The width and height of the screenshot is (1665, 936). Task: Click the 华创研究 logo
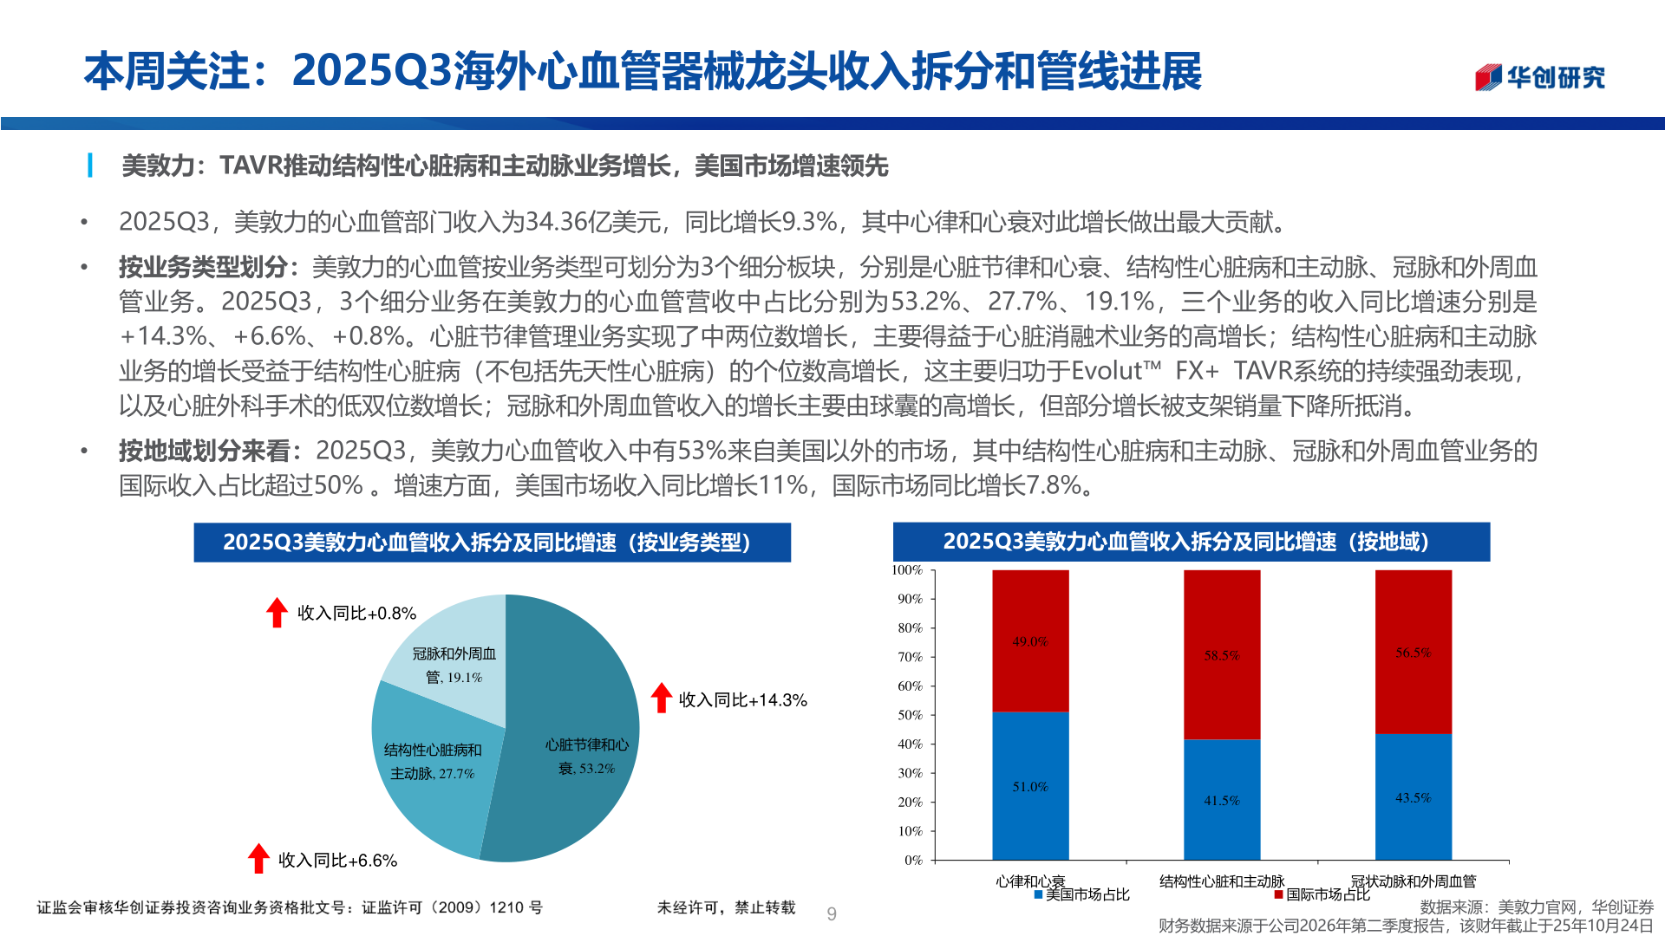tap(1539, 77)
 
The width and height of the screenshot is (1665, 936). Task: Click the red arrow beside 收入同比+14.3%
tap(662, 698)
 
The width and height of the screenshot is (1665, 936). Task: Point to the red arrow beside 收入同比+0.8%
tap(277, 612)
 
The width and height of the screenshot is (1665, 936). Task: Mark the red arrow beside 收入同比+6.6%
tap(258, 858)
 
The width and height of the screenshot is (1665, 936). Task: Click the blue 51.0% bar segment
tap(1030, 785)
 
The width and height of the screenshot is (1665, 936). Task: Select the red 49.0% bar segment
tap(1030, 640)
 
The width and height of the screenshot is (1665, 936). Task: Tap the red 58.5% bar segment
tap(1221, 654)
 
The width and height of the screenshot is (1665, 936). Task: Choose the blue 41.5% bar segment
tap(1221, 799)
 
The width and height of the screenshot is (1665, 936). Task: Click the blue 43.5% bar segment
tap(1413, 796)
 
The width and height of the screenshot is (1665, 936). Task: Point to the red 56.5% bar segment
tap(1413, 652)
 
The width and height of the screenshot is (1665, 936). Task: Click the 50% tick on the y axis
tap(911, 715)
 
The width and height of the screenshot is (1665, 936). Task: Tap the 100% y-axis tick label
tap(907, 570)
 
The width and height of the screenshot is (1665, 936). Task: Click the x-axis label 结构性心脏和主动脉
tap(1221, 881)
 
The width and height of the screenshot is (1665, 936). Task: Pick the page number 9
tap(832, 913)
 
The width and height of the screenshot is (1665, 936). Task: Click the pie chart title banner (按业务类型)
tap(492, 543)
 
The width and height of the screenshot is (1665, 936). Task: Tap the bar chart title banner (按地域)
tap(1191, 542)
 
